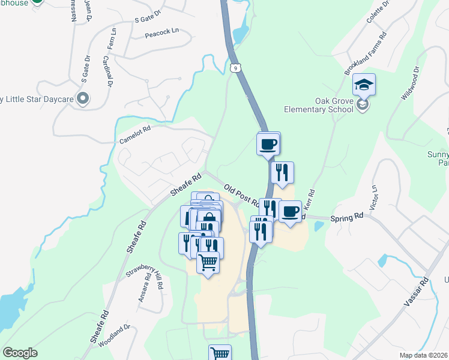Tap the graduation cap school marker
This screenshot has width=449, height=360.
tap(364, 85)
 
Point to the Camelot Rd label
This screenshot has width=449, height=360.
tap(134, 134)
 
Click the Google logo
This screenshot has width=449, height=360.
tap(20, 353)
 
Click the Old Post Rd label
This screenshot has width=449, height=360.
tap(240, 196)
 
